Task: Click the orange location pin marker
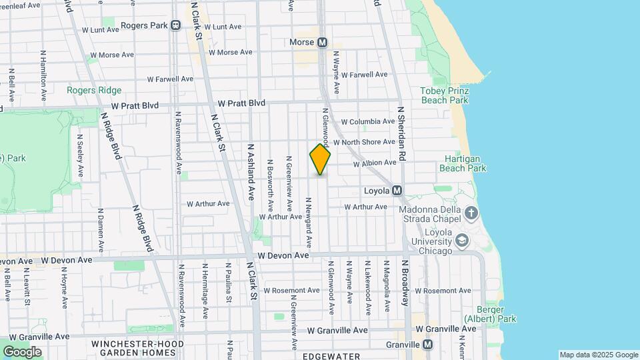point(320,159)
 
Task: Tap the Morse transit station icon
point(323,42)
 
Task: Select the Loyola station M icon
point(397,191)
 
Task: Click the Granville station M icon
point(427,345)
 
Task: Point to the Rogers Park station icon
point(175,25)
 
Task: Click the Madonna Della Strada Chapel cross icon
point(471,213)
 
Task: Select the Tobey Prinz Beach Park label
point(445,95)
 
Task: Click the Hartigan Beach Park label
point(463,163)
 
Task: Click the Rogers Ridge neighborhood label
point(94,90)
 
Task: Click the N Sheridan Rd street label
point(401,133)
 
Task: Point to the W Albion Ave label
point(375,163)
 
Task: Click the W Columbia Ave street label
point(368,122)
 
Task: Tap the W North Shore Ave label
point(365,143)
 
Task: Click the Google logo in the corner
point(22,351)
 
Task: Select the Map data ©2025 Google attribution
point(599,355)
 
